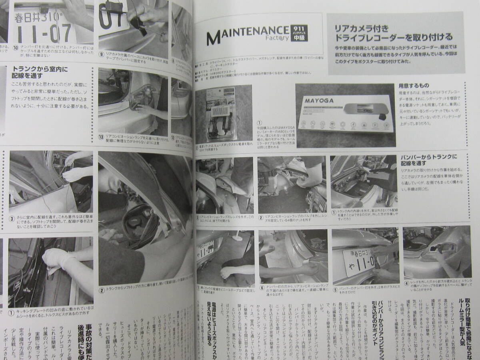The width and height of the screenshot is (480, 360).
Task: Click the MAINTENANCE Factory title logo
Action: (247, 36)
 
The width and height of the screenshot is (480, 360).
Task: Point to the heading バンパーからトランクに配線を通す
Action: (428, 160)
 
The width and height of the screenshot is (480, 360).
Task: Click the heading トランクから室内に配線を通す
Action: (40, 72)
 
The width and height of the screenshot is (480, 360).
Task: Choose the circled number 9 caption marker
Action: (102, 54)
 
